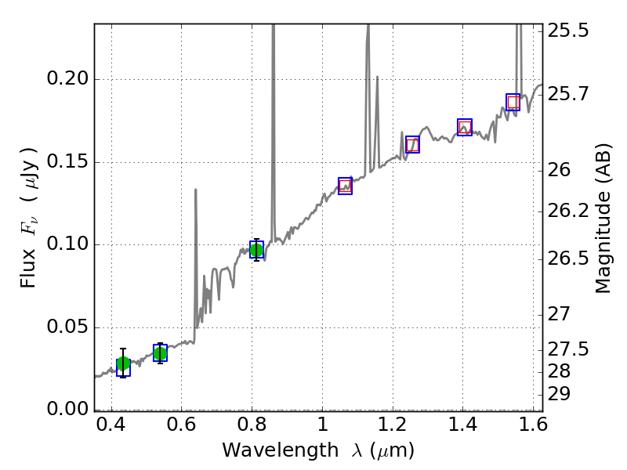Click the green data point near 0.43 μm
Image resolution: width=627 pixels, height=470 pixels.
(x=123, y=363)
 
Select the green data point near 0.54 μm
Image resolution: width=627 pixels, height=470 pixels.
(x=160, y=353)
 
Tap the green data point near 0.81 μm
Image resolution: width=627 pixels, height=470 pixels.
(x=256, y=250)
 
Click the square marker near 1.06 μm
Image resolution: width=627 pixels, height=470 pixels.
(x=345, y=186)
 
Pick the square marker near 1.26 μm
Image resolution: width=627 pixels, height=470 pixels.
(x=412, y=144)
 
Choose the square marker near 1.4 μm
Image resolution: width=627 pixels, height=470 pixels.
(x=465, y=127)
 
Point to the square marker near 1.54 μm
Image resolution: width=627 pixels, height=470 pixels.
(x=513, y=102)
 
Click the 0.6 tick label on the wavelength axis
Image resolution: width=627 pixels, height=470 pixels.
(x=181, y=429)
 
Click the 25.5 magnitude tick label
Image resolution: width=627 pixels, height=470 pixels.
(x=571, y=32)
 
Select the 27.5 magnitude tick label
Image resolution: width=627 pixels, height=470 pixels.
(x=571, y=349)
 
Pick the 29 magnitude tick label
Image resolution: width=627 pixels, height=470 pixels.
(x=563, y=393)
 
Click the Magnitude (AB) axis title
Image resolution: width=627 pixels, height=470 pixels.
(x=603, y=218)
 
